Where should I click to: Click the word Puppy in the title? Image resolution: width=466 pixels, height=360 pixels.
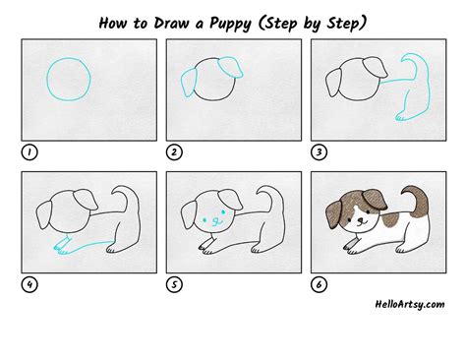pyautogui.click(x=230, y=24)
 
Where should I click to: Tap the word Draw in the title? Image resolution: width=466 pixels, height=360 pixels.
pyautogui.click(x=171, y=23)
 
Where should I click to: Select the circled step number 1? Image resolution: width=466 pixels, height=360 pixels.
pyautogui.click(x=29, y=152)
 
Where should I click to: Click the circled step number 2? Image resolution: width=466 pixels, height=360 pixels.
pyautogui.click(x=174, y=152)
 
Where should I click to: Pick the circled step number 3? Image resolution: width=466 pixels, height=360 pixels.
pyautogui.click(x=319, y=152)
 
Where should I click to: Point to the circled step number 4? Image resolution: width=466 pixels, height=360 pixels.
pyautogui.click(x=29, y=284)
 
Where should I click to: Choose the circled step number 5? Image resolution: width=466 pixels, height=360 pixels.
pyautogui.click(x=174, y=284)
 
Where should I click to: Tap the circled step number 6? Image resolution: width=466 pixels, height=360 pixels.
pyautogui.click(x=319, y=284)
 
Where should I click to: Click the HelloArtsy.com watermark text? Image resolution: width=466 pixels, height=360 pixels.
pyautogui.click(x=410, y=304)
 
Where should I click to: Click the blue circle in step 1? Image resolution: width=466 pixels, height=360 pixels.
pyautogui.click(x=47, y=79)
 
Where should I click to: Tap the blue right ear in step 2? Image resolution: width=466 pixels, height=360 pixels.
pyautogui.click(x=231, y=67)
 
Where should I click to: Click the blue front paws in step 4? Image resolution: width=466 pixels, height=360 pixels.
pyautogui.click(x=62, y=247)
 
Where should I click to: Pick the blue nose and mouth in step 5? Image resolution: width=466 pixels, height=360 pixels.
pyautogui.click(x=215, y=222)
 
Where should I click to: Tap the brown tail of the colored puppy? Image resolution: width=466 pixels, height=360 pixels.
pyautogui.click(x=416, y=200)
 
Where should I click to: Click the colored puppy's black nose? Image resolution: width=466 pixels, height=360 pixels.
pyautogui.click(x=360, y=220)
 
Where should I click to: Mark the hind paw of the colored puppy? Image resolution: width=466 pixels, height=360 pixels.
pyautogui.click(x=401, y=249)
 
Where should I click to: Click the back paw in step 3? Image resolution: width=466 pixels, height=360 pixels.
pyautogui.click(x=401, y=117)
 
